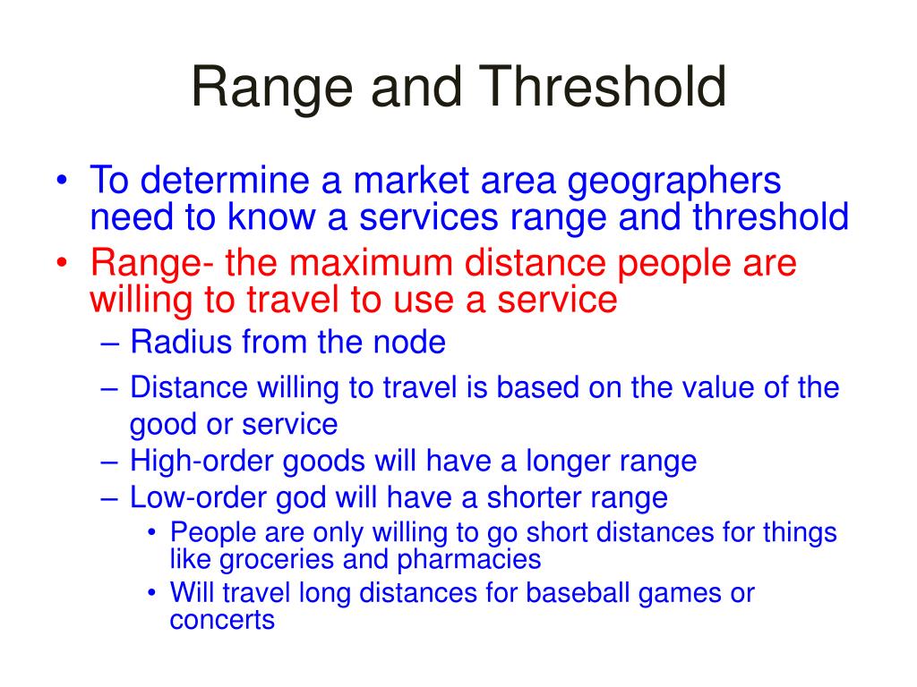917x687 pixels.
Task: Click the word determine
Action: coord(229,182)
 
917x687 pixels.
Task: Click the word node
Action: coord(415,342)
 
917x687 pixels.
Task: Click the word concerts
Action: coord(222,620)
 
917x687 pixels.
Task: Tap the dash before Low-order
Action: coord(110,496)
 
